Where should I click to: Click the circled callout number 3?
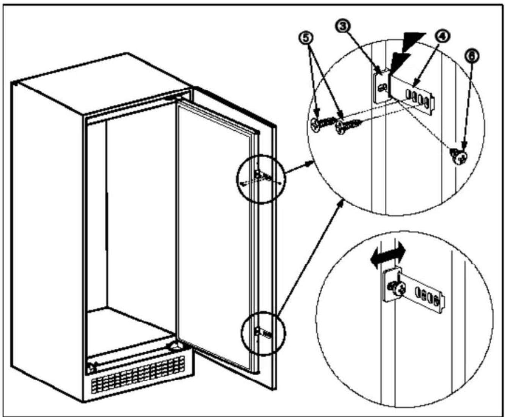(x=343, y=26)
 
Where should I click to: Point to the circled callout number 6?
(x=471, y=56)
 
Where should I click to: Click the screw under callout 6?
(x=459, y=156)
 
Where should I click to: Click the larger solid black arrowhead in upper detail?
(x=414, y=41)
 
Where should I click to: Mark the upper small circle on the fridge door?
(x=261, y=179)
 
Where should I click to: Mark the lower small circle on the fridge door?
(x=263, y=333)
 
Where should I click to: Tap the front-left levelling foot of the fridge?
(x=91, y=368)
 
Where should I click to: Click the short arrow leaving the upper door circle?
(x=299, y=167)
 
